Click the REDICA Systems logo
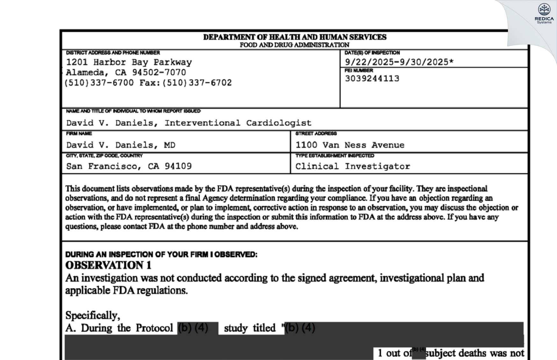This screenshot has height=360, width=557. point(544,13)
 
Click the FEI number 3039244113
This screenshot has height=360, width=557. point(372,79)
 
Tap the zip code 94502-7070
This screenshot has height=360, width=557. point(159,72)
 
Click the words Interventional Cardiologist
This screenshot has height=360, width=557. point(238,123)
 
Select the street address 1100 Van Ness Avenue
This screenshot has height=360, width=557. point(350,145)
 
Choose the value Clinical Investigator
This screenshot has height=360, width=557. point(353,166)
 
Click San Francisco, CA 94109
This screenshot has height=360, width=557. point(129,166)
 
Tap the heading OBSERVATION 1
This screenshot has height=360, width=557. point(108,265)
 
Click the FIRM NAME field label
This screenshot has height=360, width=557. point(79,133)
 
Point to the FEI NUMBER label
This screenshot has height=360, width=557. point(359,70)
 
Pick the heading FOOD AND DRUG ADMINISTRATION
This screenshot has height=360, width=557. point(294,45)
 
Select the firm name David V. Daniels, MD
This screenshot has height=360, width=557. point(121,145)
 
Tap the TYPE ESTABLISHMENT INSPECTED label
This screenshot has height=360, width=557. point(335,156)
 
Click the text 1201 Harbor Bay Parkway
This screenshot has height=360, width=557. point(129,62)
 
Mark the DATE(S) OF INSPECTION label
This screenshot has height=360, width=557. point(372,53)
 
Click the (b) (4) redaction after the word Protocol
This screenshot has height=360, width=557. point(193,328)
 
